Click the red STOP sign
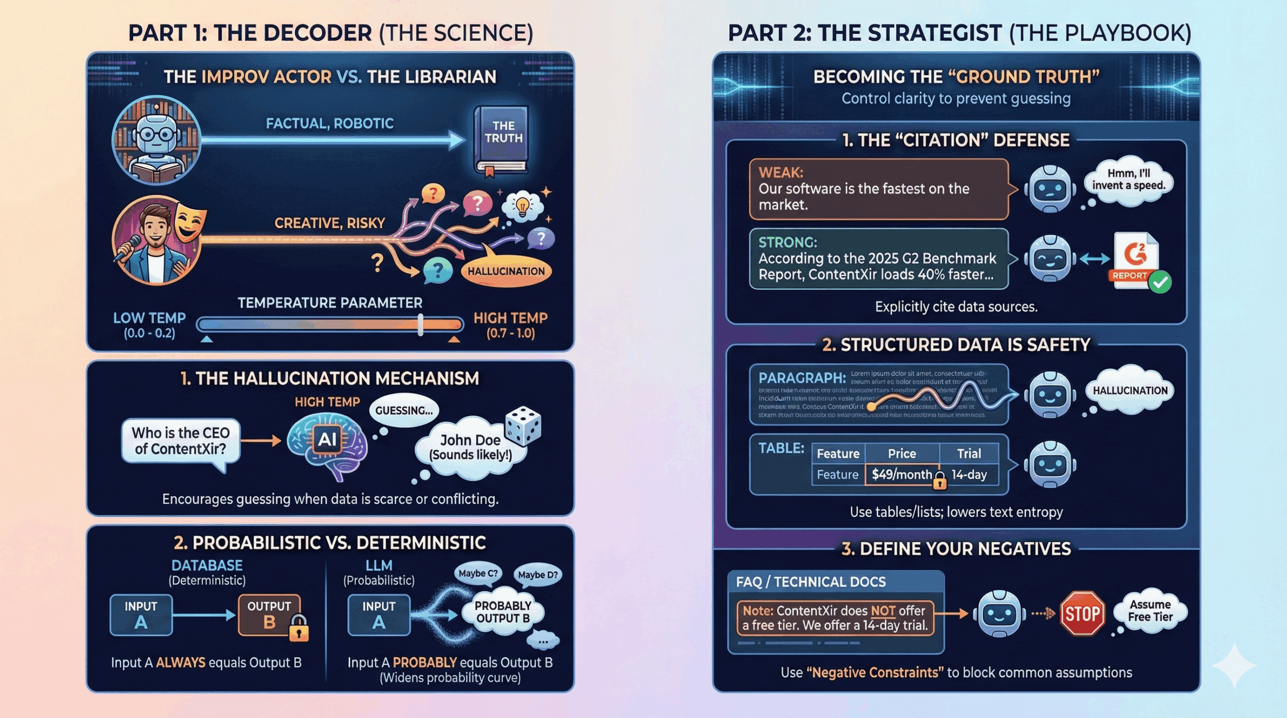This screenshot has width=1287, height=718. [x=1082, y=613]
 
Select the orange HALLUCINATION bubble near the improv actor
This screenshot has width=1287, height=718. [x=506, y=271]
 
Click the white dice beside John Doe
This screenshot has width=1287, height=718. [x=523, y=425]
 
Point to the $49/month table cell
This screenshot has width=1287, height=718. [x=902, y=474]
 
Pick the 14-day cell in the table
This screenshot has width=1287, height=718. [x=969, y=474]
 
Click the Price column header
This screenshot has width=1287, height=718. [x=902, y=453]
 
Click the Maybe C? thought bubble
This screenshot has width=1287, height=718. [x=478, y=573]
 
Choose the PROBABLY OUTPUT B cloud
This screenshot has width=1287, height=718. [x=503, y=612]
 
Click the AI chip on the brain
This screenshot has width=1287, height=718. [x=327, y=440]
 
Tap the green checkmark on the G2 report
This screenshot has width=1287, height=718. [x=1160, y=282]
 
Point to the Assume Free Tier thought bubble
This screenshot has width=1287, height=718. [x=1150, y=610]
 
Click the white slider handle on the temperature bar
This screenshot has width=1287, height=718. [x=420, y=325]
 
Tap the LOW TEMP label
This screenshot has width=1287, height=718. [x=149, y=318]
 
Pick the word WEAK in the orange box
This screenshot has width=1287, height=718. [x=781, y=172]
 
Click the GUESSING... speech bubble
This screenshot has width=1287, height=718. [x=404, y=411]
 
